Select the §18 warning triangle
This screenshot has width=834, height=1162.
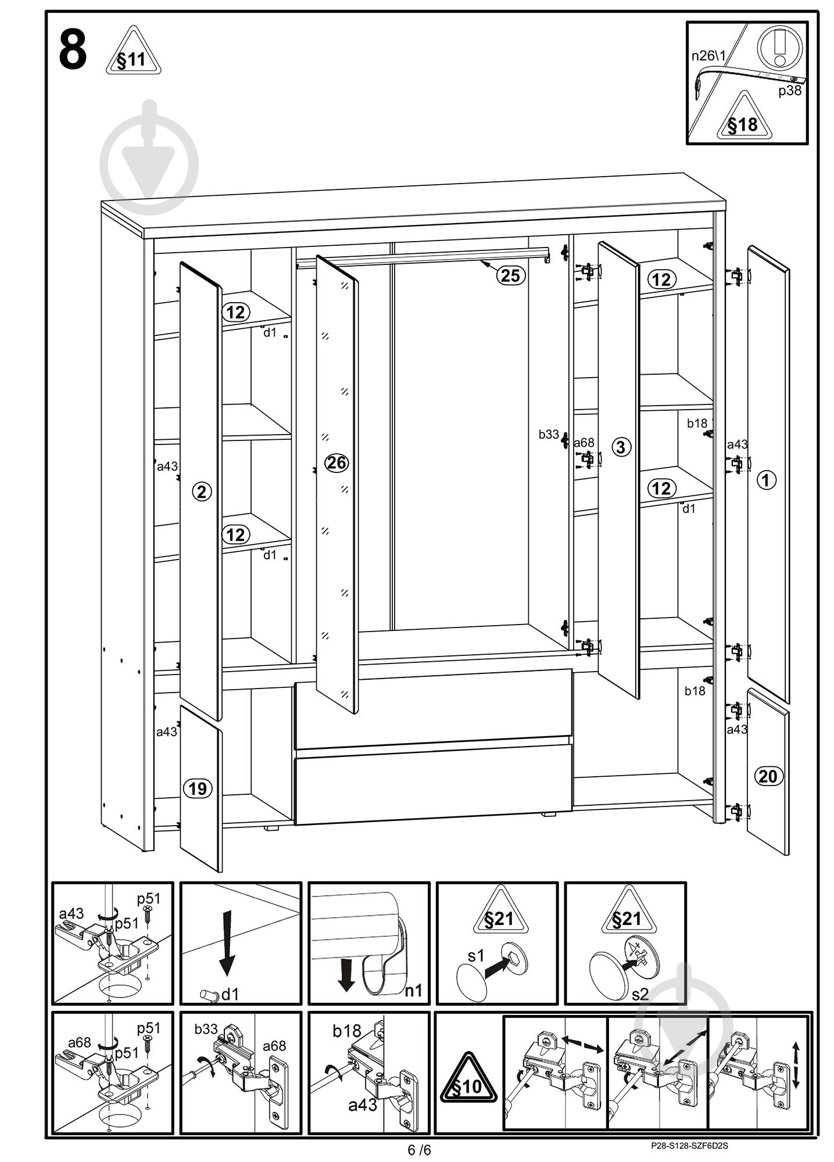pyautogui.click(x=743, y=117)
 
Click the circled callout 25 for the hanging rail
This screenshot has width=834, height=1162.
pyautogui.click(x=510, y=275)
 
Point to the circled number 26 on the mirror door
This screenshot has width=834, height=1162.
pyautogui.click(x=337, y=463)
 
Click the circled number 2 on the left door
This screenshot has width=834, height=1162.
pyautogui.click(x=201, y=492)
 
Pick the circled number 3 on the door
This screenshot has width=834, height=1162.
pyautogui.click(x=621, y=447)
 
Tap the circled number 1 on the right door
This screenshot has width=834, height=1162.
pyautogui.click(x=767, y=480)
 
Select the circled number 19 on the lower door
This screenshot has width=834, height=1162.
pyautogui.click(x=198, y=788)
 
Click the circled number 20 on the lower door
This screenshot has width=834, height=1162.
pyautogui.click(x=768, y=776)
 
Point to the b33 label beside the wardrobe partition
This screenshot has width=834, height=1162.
pyautogui.click(x=548, y=434)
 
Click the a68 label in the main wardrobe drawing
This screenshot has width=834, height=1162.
pyautogui.click(x=584, y=443)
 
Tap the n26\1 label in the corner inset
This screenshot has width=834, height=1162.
pyautogui.click(x=708, y=56)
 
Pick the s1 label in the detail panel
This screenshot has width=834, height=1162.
pyautogui.click(x=475, y=955)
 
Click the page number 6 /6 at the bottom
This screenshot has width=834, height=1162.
pyautogui.click(x=420, y=1150)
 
